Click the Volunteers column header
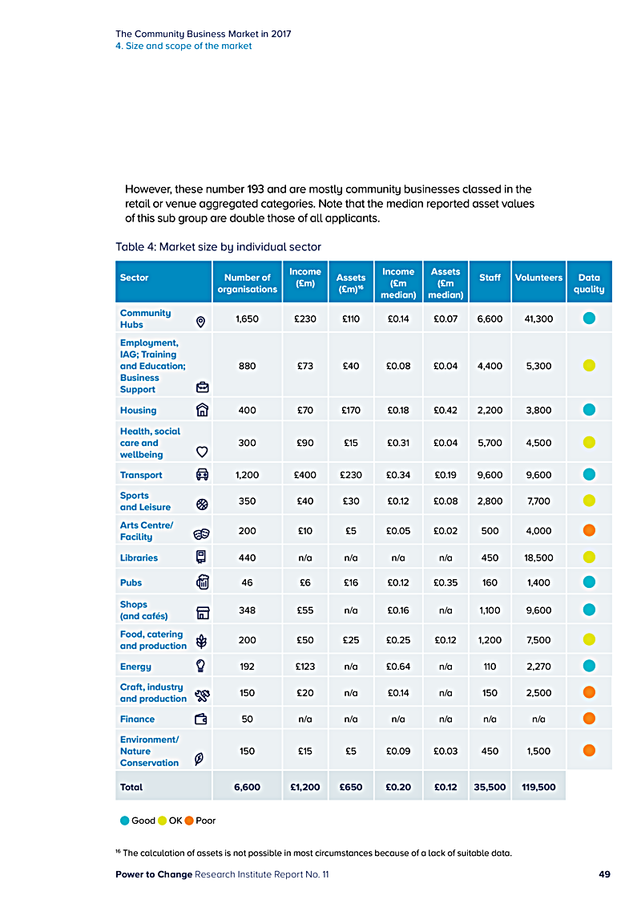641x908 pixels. (x=538, y=278)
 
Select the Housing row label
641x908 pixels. (x=138, y=410)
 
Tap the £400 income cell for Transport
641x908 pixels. (x=305, y=475)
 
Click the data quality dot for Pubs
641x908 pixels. (x=589, y=582)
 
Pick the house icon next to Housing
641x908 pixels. (x=202, y=410)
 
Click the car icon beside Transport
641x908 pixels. (x=202, y=475)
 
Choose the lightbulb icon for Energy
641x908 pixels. (x=201, y=666)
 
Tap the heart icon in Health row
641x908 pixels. (x=202, y=452)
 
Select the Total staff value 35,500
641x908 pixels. (x=490, y=787)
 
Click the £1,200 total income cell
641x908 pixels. (x=305, y=787)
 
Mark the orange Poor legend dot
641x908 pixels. (x=190, y=821)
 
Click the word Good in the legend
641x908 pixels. (x=143, y=821)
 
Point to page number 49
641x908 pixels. (x=604, y=874)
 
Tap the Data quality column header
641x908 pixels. (x=589, y=283)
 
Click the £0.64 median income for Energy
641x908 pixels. (x=398, y=666)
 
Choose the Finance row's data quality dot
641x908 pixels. (x=589, y=720)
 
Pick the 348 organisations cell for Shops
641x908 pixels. (x=247, y=610)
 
